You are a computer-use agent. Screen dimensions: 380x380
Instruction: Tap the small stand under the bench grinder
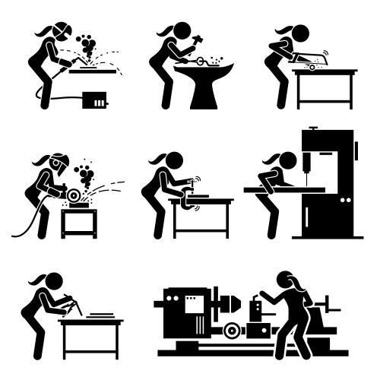[79, 223]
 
